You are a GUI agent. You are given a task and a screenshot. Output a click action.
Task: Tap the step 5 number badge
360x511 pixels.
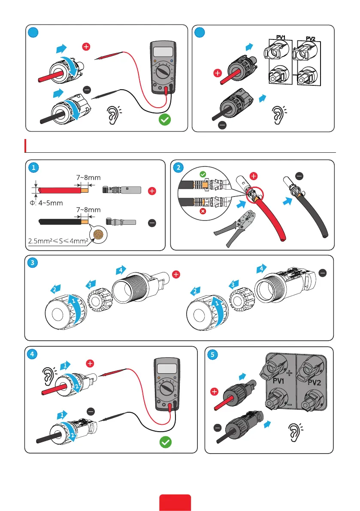point(212,354)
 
